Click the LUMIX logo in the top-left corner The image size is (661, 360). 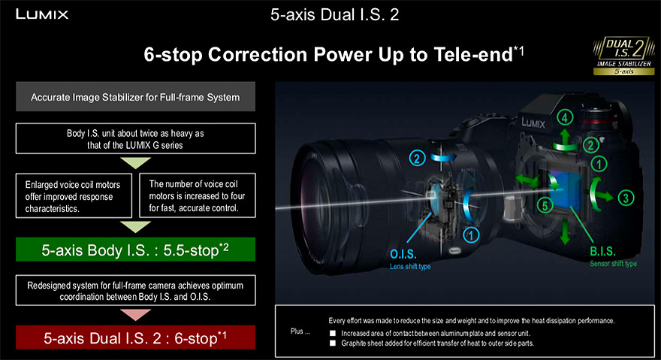(42, 14)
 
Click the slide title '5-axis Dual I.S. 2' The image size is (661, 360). (334, 15)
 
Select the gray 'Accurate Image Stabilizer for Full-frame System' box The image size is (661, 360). (135, 97)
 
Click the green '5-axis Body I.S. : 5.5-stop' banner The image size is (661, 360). (135, 250)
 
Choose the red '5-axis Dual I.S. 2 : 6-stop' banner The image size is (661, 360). (135, 337)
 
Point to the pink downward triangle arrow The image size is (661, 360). (135, 314)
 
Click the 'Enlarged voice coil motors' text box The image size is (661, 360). (74, 196)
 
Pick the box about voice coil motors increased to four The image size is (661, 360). (198, 195)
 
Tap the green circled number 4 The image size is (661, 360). (565, 117)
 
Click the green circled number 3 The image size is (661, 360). (626, 198)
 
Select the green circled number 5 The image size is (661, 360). (545, 206)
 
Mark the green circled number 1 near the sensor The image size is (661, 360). (599, 164)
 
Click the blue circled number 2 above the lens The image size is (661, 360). (417, 159)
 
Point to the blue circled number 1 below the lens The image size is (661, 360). (471, 235)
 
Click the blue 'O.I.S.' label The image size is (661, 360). (403, 254)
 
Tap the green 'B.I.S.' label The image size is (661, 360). (602, 252)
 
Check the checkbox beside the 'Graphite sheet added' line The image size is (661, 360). (333, 343)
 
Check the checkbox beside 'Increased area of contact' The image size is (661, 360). (333, 333)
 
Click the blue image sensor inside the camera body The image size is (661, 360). (565, 190)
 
